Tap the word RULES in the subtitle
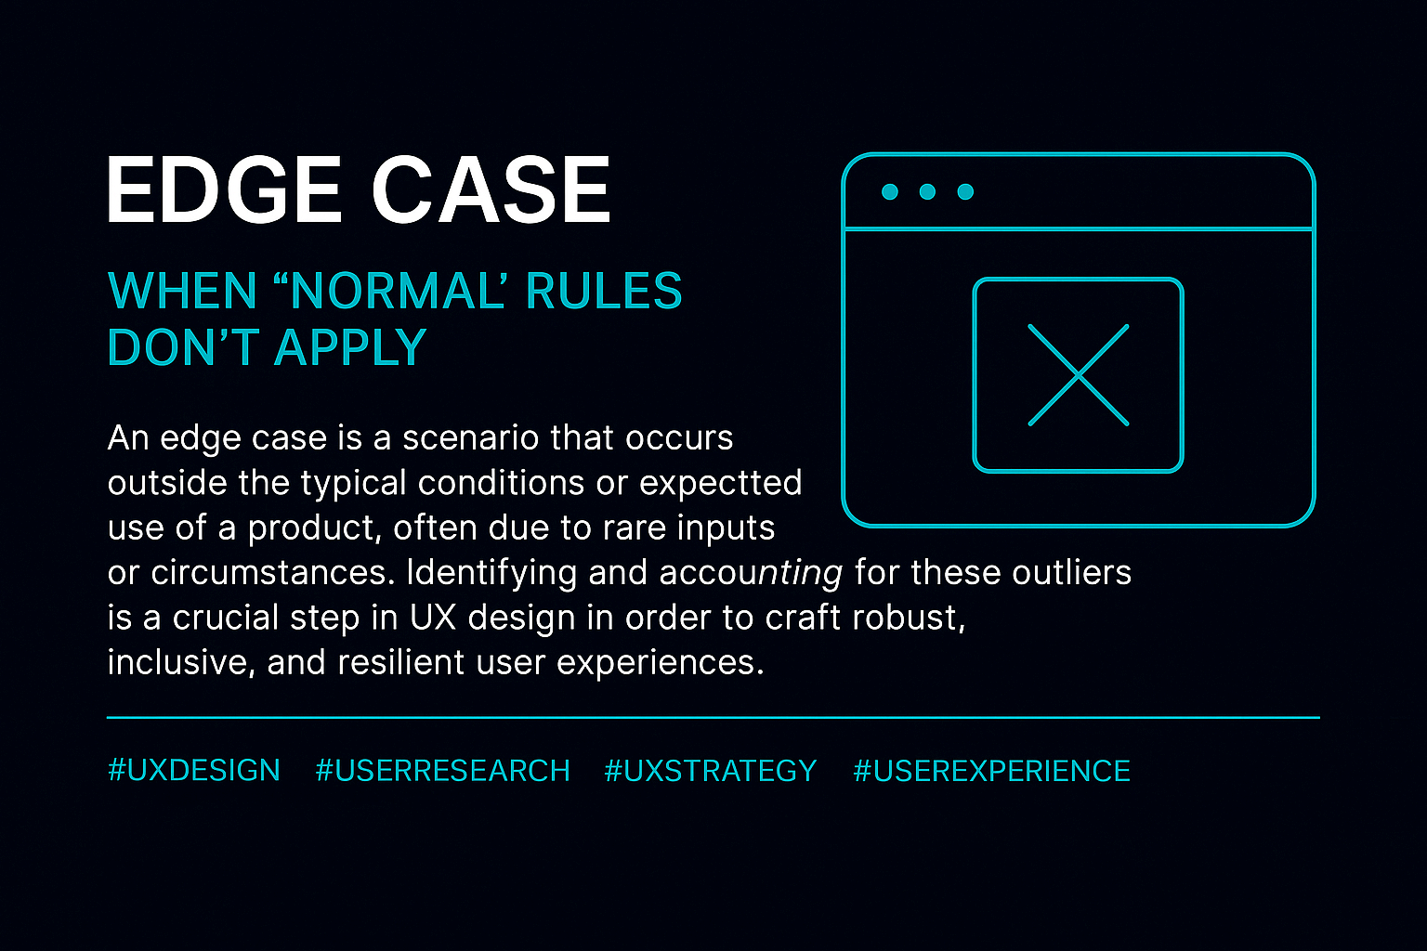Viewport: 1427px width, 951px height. (x=604, y=292)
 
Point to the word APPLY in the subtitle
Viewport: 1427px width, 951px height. (x=350, y=348)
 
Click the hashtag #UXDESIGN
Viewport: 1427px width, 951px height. (x=194, y=771)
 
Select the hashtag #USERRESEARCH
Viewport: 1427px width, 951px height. (x=442, y=771)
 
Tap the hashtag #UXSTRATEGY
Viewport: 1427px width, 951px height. (x=711, y=771)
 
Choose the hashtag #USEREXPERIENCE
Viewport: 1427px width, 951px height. (x=991, y=771)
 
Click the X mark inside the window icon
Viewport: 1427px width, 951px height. (x=1078, y=375)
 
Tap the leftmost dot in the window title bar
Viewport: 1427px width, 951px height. (x=889, y=192)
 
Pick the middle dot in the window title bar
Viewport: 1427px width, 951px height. (x=927, y=192)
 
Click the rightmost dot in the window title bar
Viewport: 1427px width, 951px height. (x=965, y=192)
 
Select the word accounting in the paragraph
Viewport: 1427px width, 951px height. (x=751, y=573)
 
